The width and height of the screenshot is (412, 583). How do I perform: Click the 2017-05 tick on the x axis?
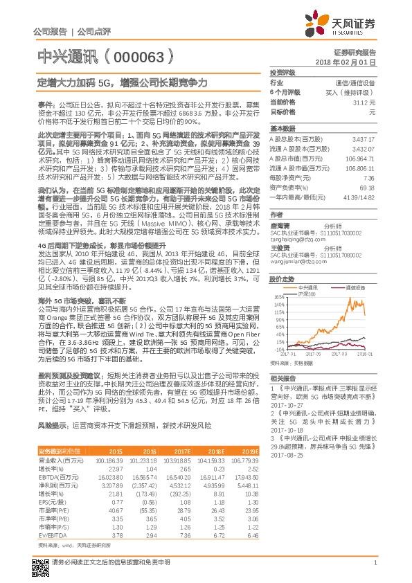pos(308,353)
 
